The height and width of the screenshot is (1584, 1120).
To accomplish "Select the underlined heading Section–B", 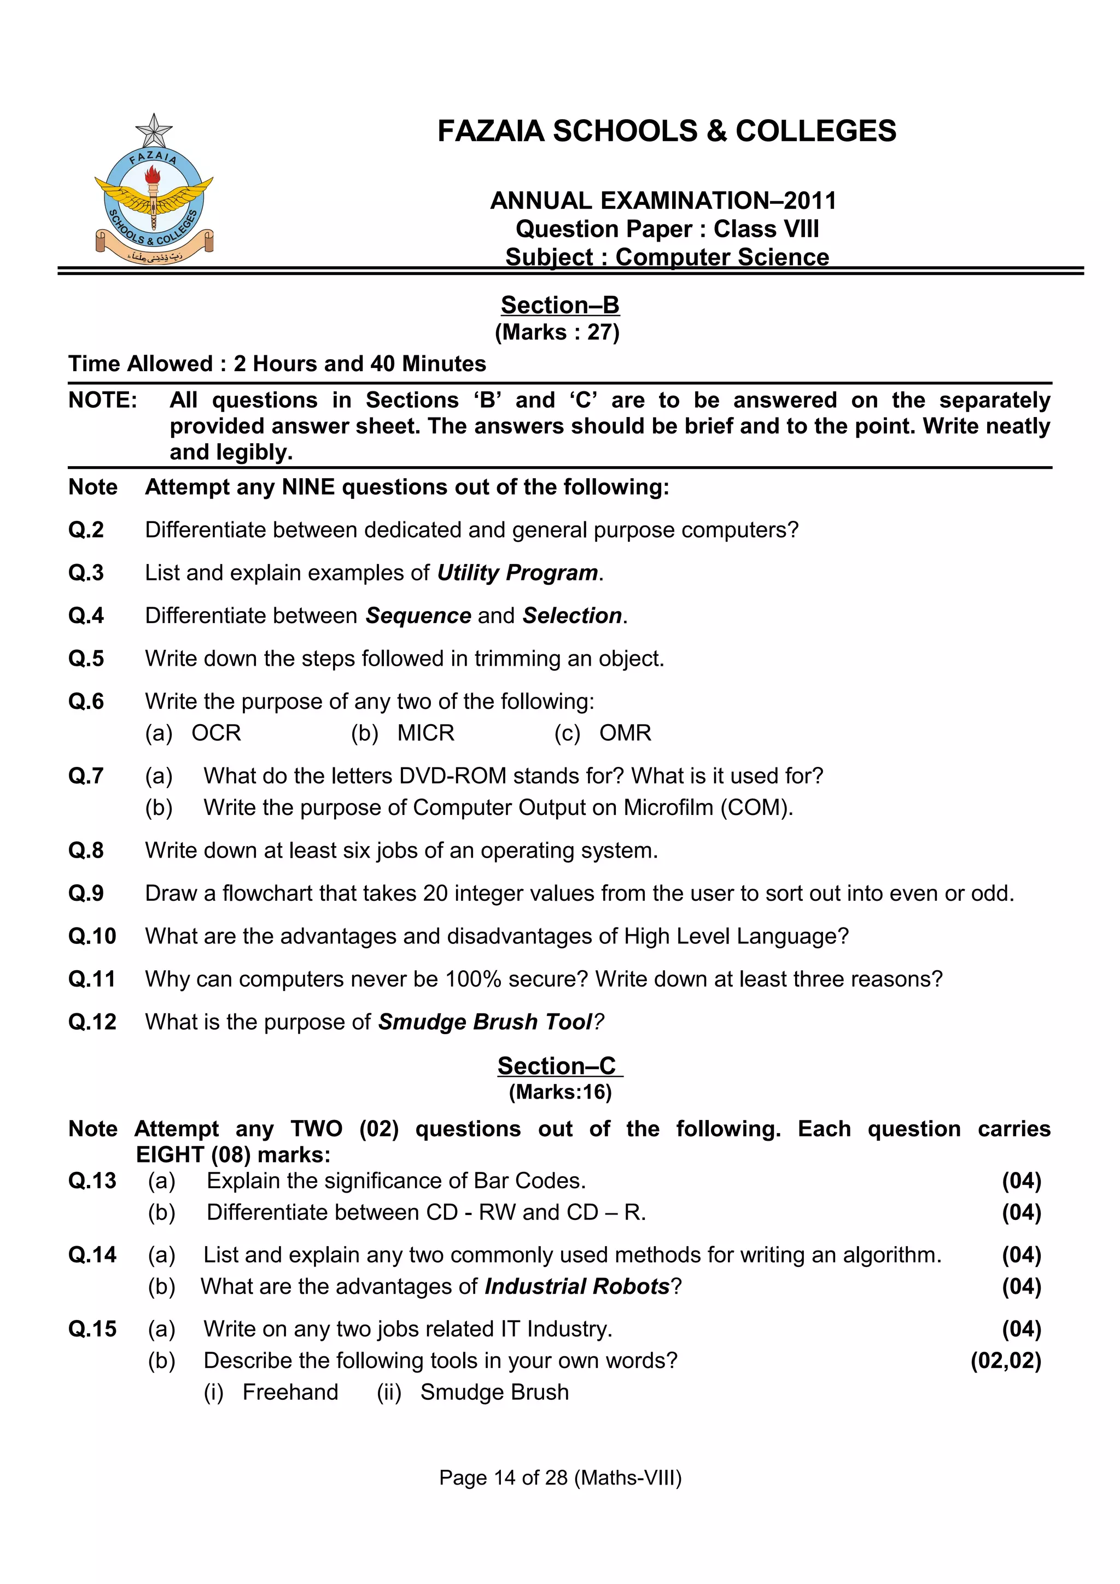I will point(559,305).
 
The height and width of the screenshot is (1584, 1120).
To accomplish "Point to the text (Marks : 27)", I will point(557,332).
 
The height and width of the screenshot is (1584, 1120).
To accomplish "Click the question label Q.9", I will point(85,894).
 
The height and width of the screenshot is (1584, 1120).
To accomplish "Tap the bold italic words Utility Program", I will point(517,573).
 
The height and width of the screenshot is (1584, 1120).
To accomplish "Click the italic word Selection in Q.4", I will point(572,615).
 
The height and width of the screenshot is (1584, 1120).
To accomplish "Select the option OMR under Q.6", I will point(625,732).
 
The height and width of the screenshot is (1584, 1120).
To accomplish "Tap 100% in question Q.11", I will point(472,979).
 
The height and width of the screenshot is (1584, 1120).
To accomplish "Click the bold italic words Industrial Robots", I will point(576,1287).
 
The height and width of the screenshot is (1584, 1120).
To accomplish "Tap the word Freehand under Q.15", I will point(290,1392).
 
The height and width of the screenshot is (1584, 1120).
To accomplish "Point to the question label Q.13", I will point(92,1181).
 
